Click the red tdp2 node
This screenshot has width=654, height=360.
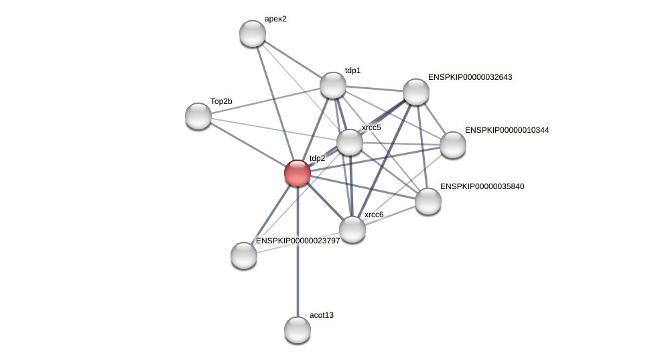298,173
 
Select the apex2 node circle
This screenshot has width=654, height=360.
253,34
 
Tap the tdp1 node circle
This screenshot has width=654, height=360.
333,85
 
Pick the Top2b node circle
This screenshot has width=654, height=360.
198,116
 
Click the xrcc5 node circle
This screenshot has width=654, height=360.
350,142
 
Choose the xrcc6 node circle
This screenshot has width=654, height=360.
352,229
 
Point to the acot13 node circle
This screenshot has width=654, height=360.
298,330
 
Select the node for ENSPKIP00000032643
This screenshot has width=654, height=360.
416,92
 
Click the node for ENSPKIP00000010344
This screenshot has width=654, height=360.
453,145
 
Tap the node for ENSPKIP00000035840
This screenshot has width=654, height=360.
428,201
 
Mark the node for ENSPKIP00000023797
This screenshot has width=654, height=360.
244,255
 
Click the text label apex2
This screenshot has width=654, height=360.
275,19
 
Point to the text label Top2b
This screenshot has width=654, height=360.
221,101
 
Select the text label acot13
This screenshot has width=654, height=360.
322,315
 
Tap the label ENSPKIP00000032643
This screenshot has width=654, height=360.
470,77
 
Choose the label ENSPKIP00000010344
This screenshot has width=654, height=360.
507,130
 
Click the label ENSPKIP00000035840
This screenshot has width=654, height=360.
482,186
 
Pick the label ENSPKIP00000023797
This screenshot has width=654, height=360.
298,241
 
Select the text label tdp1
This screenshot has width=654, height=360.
352,70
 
